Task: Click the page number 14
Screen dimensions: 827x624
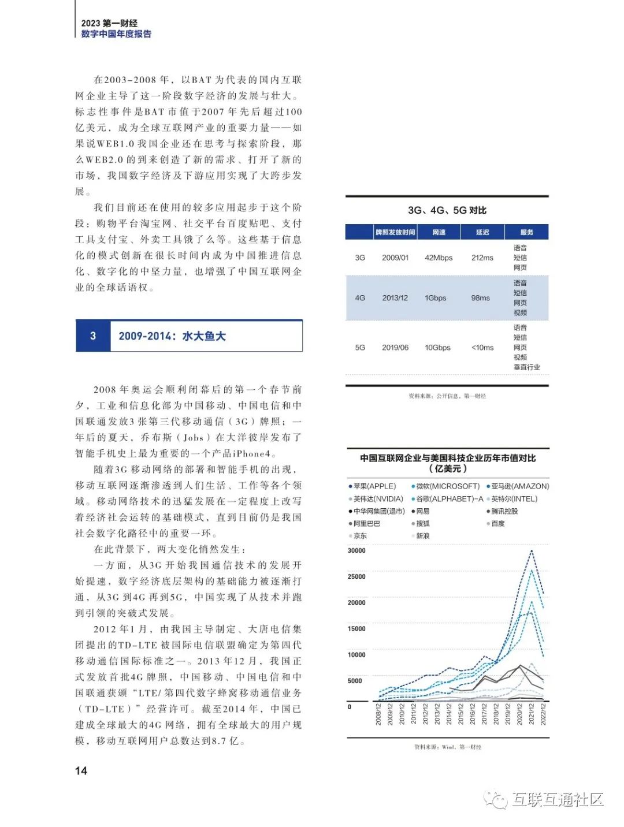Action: pos(81,770)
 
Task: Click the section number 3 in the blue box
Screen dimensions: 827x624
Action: pos(93,336)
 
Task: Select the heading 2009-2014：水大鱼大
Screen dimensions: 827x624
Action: pos(172,336)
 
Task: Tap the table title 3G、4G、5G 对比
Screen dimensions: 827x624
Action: pos(447,210)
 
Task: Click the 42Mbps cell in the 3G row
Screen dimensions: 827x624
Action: pos(439,258)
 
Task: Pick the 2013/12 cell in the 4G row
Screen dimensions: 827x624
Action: pos(395,298)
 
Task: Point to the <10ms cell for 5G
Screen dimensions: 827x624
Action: pos(482,348)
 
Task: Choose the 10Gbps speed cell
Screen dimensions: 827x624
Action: pos(437,348)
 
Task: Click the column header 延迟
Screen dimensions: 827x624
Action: pos(482,232)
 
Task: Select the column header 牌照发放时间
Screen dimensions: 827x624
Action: pos(395,232)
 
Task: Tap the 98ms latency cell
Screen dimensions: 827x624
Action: pos(480,298)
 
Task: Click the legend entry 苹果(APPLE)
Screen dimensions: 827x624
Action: pos(374,486)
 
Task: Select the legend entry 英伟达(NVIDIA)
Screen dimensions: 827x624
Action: pos(377,499)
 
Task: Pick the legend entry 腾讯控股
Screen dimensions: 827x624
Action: pos(504,511)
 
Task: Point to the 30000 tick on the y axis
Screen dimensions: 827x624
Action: pos(356,550)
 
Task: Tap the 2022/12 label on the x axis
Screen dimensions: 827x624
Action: pos(543,714)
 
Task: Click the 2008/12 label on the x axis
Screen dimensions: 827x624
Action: pos(378,714)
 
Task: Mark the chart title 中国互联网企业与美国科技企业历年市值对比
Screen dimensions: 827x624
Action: pos(448,458)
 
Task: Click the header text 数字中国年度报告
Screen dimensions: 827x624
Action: pos(116,34)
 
